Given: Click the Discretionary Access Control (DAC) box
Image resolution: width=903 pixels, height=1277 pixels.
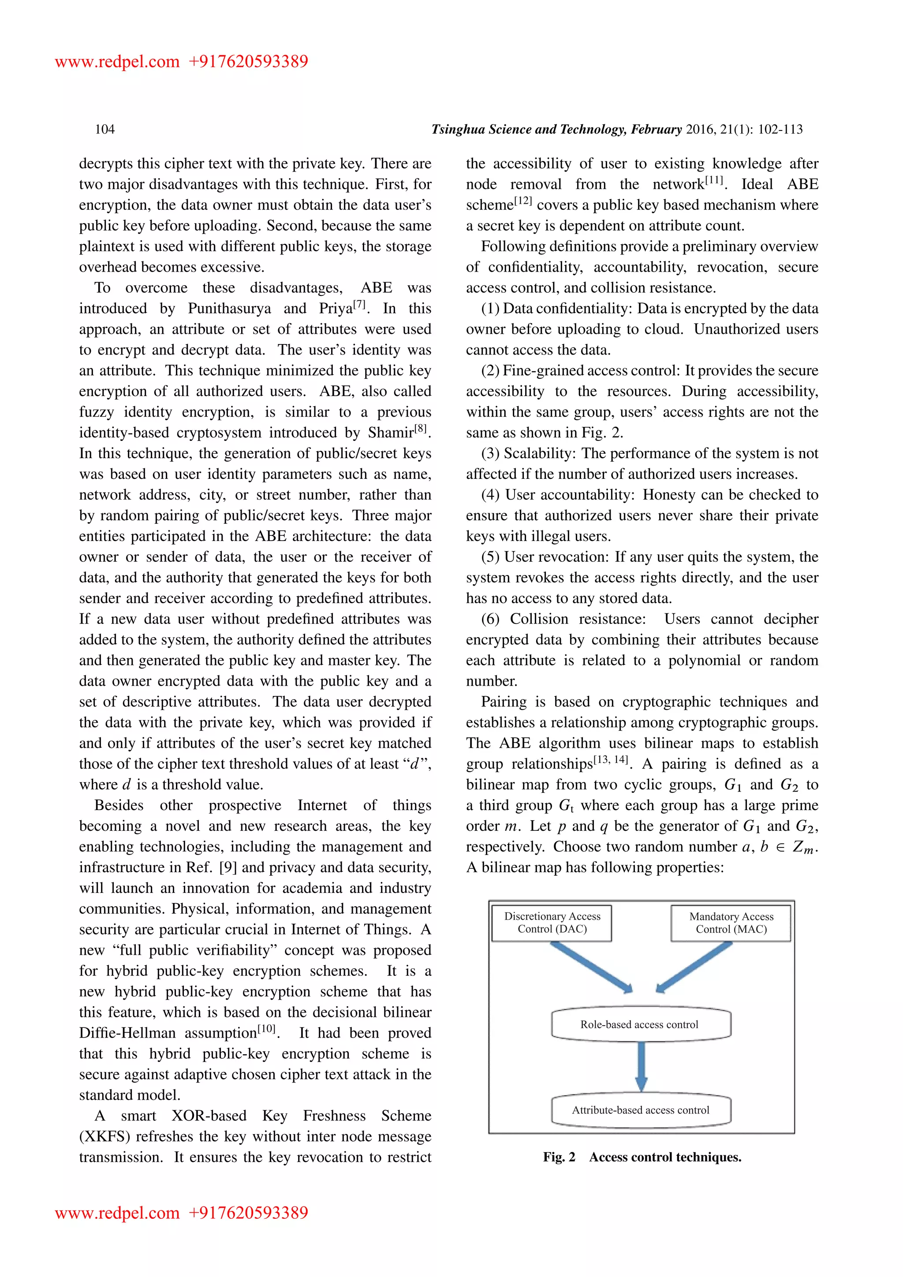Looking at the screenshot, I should [x=552, y=923].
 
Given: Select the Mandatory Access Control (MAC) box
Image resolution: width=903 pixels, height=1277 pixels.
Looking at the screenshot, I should [x=731, y=923].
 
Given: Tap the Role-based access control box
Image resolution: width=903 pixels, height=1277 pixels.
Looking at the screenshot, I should [x=641, y=1024].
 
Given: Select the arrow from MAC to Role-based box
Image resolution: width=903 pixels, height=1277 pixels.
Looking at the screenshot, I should [x=694, y=967].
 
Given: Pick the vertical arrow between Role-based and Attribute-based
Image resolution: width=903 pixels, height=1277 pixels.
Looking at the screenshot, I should [x=641, y=1065].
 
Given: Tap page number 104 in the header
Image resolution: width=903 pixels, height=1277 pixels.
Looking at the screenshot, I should [x=104, y=130].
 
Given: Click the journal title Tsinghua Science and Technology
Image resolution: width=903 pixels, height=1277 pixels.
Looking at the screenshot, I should [x=529, y=130].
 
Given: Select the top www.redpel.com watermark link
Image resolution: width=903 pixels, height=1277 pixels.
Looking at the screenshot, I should [x=117, y=61].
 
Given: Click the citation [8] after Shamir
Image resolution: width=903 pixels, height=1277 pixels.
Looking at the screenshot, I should [x=421, y=429].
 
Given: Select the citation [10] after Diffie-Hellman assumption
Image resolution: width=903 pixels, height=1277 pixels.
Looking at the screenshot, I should [x=267, y=1029].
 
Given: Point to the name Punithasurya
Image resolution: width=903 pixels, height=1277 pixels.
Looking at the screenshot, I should [x=229, y=309].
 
